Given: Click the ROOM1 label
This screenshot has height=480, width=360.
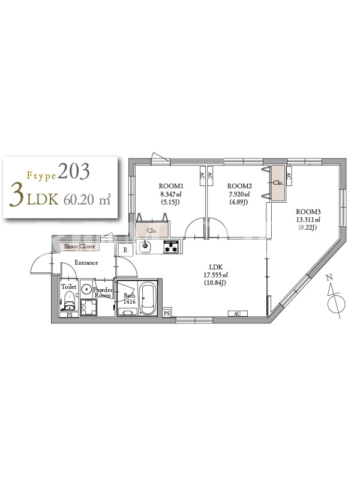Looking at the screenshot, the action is pyautogui.click(x=171, y=186).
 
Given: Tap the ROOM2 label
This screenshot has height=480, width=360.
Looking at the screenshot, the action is pyautogui.click(x=239, y=186).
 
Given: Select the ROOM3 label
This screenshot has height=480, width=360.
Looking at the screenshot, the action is pyautogui.click(x=308, y=212).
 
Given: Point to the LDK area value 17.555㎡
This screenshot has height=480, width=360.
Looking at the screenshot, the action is pyautogui.click(x=216, y=275).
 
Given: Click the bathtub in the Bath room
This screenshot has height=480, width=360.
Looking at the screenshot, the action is pyautogui.click(x=148, y=299).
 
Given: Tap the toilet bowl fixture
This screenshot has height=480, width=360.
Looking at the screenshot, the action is pyautogui.click(x=70, y=301).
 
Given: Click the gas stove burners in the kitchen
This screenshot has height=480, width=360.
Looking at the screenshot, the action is pyautogui.click(x=172, y=247).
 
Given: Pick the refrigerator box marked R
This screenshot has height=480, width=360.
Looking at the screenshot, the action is pyautogui.click(x=125, y=250).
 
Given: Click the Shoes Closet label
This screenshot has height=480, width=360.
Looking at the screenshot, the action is pyautogui.click(x=79, y=246).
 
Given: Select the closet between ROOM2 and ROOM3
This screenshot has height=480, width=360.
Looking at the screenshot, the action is pyautogui.click(x=278, y=183).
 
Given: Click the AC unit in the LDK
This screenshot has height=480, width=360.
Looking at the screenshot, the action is pyautogui.click(x=237, y=313).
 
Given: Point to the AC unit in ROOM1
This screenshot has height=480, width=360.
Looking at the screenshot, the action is pyautogui.click(x=202, y=176).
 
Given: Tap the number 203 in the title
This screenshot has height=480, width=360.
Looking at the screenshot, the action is pyautogui.click(x=74, y=172).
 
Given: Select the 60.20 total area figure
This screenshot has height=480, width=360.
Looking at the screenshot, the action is pyautogui.click(x=79, y=200).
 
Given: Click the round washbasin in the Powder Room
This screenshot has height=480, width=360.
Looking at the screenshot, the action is pyautogui.click(x=86, y=289).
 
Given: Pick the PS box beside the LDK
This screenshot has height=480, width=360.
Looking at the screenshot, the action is pyautogui.click(x=166, y=313).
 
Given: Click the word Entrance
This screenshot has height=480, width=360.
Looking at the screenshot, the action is pyautogui.click(x=86, y=262).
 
